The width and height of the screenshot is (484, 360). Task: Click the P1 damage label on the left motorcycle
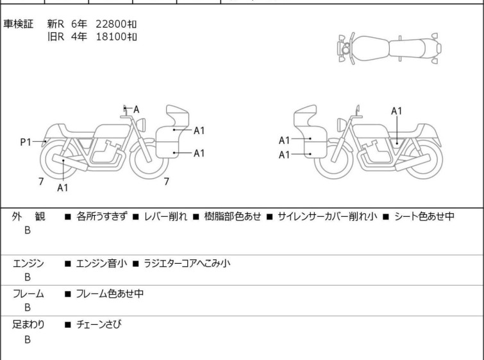[x=26, y=142]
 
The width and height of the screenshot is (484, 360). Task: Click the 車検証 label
[x=18, y=24]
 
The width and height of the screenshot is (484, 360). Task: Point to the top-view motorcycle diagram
[x=389, y=48]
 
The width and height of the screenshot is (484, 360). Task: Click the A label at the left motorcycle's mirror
[x=136, y=109]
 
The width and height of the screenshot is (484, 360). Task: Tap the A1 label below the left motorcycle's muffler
[x=63, y=187]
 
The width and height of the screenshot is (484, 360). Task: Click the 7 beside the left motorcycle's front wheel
[x=167, y=182]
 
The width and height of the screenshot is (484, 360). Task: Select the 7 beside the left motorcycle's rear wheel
[x=41, y=182]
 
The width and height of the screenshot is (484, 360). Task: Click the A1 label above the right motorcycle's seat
[x=397, y=111]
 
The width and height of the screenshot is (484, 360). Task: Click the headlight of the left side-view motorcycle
[x=141, y=124]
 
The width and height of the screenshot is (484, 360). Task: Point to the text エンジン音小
[x=101, y=263]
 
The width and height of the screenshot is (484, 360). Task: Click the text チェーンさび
[x=99, y=324]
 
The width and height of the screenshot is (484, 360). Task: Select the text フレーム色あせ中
[x=110, y=293]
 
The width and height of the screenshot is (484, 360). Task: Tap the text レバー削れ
[x=166, y=216]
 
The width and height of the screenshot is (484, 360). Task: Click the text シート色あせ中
[x=424, y=216]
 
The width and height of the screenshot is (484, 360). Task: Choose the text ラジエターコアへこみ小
[x=187, y=263]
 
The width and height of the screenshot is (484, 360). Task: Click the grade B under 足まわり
[x=28, y=339]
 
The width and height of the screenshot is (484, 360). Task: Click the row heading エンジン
[x=28, y=263]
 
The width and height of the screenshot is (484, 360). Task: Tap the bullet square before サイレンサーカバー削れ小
[x=269, y=217]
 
